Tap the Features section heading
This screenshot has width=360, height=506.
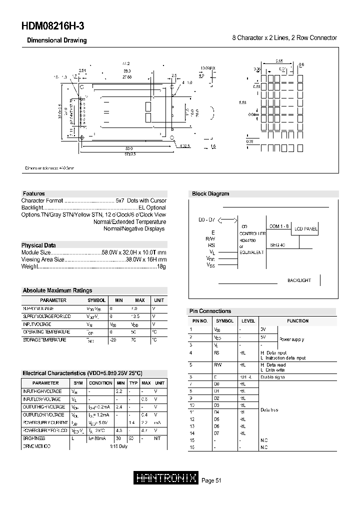click(33, 193)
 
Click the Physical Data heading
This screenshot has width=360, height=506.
click(38, 245)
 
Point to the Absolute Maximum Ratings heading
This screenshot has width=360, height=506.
click(57, 290)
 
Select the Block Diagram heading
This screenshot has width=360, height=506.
click(210, 193)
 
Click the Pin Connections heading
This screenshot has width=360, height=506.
click(210, 311)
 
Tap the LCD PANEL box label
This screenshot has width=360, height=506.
click(305, 229)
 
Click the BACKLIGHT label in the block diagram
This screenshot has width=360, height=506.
click(299, 280)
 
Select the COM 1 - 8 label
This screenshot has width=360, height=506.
click(279, 226)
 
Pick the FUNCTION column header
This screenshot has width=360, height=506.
click(297, 321)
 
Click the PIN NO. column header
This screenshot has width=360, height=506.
click(200, 321)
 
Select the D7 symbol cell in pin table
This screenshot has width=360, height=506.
click(217, 433)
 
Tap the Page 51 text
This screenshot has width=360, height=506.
click(211, 480)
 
